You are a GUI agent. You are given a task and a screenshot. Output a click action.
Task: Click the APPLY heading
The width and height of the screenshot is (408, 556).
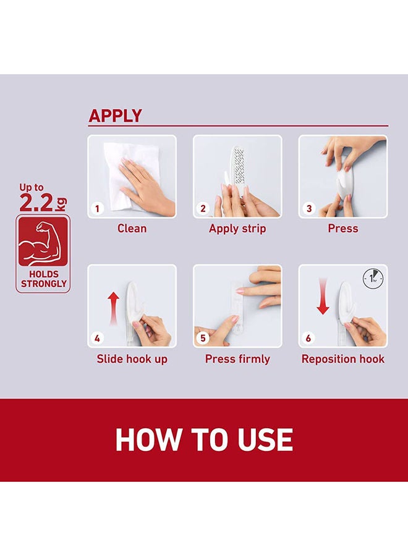tap(115, 116)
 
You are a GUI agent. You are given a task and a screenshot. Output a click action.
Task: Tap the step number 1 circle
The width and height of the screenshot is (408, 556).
tap(97, 208)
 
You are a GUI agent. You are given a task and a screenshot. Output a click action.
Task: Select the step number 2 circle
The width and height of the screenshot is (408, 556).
tap(203, 208)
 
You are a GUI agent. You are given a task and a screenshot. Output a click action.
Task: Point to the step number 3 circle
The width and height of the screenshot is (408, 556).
tap(308, 208)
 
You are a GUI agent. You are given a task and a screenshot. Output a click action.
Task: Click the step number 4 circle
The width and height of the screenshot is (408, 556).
tap(97, 338)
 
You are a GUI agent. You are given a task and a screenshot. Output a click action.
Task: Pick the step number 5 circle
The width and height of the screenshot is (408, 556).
tap(203, 338)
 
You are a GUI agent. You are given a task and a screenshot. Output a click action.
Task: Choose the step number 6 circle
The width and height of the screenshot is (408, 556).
tap(308, 338)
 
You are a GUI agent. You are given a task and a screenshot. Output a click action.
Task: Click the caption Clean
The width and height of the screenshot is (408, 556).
tap(132, 229)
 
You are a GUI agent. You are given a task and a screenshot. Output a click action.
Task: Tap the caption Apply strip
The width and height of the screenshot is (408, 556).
tap(237, 229)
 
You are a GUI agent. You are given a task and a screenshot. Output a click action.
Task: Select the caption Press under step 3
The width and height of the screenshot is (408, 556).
tap(342, 229)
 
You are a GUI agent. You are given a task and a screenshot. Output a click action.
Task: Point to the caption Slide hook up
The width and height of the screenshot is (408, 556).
tap(132, 359)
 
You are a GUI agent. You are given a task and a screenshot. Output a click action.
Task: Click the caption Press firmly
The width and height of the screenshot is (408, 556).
tap(237, 359)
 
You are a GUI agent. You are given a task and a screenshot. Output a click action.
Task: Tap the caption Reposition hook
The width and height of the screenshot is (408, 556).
tap(342, 359)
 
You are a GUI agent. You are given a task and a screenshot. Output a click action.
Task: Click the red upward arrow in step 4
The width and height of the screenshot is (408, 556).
tap(113, 308)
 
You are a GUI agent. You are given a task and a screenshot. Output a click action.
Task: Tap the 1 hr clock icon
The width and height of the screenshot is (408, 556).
tap(373, 279)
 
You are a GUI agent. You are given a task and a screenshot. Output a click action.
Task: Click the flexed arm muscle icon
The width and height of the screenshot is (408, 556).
tap(43, 242)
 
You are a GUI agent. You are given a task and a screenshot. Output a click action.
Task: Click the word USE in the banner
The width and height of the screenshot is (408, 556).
tap(265, 440)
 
